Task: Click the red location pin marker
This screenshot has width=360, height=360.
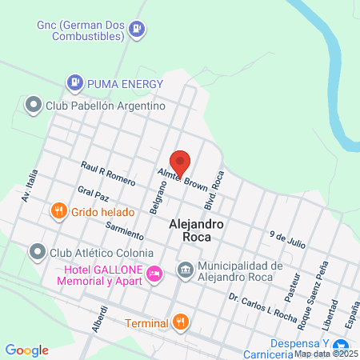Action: pos(180,162)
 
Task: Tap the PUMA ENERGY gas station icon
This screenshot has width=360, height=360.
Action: pos(74,81)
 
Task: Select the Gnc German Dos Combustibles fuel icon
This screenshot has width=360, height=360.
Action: pos(138,29)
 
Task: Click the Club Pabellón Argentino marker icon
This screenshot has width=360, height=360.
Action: pos(33,105)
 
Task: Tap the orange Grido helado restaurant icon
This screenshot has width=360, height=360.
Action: pos(58,212)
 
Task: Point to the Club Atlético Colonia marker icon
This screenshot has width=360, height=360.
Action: pos(37,253)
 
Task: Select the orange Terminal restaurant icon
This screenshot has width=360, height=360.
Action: pos(182,323)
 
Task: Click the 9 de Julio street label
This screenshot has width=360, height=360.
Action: pos(288,237)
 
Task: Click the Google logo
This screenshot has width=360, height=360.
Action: pos(27,350)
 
